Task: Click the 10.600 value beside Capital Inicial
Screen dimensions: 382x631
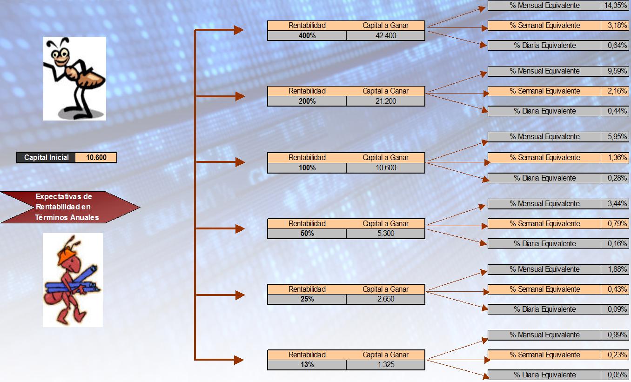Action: click(96, 158)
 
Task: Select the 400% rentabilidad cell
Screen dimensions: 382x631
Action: click(307, 35)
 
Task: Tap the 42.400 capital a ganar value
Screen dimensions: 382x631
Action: click(386, 35)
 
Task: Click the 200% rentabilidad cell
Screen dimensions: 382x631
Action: click(307, 101)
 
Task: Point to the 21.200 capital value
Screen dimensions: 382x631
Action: click(386, 101)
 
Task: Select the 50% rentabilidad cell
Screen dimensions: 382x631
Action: click(307, 234)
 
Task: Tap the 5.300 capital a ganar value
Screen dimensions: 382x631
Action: click(386, 234)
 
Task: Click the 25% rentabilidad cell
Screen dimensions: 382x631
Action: click(307, 299)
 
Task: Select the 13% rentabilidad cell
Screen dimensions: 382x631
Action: click(307, 365)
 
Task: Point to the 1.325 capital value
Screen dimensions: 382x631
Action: click(386, 365)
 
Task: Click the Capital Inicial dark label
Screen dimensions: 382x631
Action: click(46, 158)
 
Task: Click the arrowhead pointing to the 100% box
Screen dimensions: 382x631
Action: click(240, 162)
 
